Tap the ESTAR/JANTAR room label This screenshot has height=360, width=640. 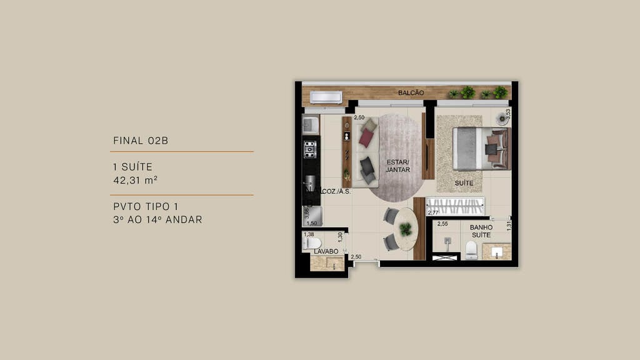397,166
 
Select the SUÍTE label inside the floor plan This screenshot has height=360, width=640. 464,183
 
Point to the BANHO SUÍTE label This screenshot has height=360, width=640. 481,231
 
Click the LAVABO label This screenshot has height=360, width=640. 326,251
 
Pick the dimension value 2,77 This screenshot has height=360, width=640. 432,213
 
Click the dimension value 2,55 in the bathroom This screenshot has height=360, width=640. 442,224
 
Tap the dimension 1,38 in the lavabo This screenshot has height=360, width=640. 308,234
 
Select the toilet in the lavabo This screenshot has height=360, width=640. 312,243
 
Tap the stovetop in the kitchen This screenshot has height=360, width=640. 310,149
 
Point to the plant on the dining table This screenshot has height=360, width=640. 406,229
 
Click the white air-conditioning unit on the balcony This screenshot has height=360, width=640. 326,97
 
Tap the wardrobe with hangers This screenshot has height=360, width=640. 454,206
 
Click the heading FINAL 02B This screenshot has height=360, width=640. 141,141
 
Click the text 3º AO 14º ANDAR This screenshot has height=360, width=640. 157,219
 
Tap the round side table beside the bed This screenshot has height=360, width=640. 502,119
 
